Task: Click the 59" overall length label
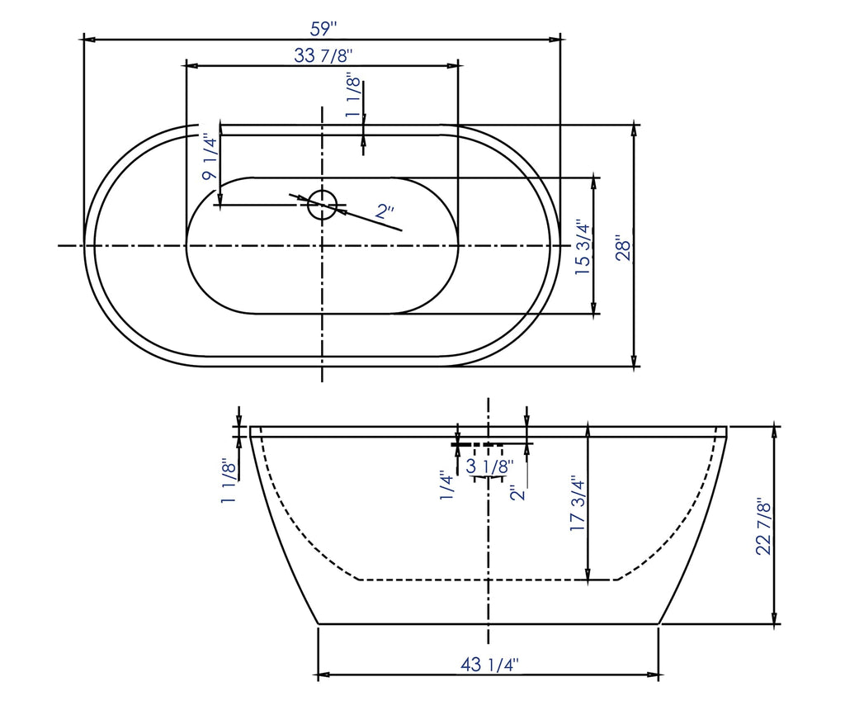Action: coord(324,28)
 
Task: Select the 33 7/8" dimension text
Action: coord(323,55)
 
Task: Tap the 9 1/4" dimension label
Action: coord(211,159)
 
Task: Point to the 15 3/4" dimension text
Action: coord(583,248)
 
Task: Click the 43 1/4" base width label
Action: coord(489,665)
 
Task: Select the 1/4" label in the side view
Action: coord(446,485)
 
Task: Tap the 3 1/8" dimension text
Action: coord(489,467)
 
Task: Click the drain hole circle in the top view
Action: coord(322,204)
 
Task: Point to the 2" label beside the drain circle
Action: coord(385,212)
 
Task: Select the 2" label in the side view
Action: coord(517,493)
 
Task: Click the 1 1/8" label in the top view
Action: coord(353,96)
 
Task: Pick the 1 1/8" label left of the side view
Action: coord(229,480)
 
